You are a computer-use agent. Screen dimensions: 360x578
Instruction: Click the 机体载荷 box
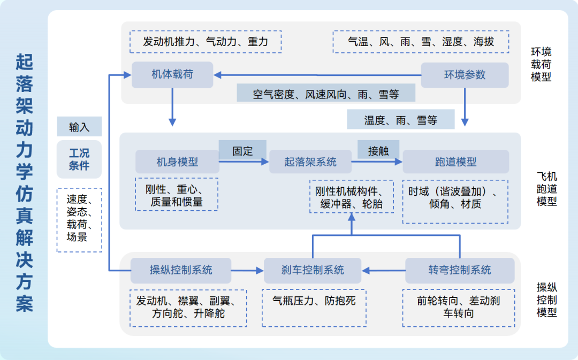point(172,75)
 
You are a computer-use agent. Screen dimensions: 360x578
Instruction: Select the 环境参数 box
point(465,75)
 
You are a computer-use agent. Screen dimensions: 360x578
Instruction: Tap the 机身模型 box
point(177,162)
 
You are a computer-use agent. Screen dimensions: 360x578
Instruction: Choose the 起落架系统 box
point(310,162)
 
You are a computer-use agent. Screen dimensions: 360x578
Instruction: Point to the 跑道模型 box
point(455,162)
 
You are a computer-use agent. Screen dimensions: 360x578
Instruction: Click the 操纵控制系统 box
point(181,270)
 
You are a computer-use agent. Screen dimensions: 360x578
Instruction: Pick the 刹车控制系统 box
point(313,270)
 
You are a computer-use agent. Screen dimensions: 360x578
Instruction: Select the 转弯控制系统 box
point(459,270)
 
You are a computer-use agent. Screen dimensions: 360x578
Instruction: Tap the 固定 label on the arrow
point(242,151)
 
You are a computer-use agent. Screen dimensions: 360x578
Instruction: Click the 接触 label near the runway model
point(378,151)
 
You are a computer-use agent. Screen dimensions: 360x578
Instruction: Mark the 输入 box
point(79,127)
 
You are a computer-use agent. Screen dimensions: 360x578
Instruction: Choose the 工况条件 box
point(79,159)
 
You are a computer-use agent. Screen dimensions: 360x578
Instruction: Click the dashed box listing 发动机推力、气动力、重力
point(206,41)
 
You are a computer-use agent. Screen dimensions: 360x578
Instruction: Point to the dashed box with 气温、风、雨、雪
point(421,41)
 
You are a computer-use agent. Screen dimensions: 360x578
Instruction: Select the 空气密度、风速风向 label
point(326,94)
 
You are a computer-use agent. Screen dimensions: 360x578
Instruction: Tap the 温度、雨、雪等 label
point(400,120)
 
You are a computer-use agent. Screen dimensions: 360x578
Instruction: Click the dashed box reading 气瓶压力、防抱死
point(314,308)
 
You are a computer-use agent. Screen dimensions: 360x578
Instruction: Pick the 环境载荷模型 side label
point(541,64)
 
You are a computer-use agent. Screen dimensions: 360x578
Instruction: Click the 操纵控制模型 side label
point(546,300)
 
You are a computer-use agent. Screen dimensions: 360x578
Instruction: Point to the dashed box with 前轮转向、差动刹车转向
point(458,308)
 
